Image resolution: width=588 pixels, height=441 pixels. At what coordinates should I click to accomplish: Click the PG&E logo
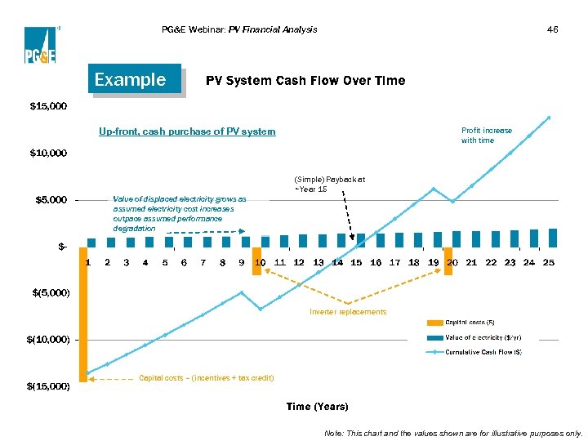tap(40, 45)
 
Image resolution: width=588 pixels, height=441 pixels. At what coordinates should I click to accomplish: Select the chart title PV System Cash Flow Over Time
tap(305, 81)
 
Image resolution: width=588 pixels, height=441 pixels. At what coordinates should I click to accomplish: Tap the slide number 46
tap(552, 30)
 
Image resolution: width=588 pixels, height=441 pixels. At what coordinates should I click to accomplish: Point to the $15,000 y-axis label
tap(48, 107)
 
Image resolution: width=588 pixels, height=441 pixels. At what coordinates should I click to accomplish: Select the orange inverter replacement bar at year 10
tap(257, 261)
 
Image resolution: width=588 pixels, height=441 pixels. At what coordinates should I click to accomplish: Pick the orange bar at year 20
tap(448, 261)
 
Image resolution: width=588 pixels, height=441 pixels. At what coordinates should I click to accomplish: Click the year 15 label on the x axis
tap(356, 263)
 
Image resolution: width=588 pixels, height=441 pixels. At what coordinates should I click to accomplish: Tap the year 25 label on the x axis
tap(549, 263)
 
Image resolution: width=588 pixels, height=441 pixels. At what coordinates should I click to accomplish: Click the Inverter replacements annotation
tap(348, 312)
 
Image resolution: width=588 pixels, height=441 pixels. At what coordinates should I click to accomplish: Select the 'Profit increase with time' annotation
tap(487, 135)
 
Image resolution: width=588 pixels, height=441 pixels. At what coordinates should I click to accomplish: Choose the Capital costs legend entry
tap(470, 323)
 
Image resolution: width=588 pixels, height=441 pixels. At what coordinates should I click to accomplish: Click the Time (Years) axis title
tap(317, 407)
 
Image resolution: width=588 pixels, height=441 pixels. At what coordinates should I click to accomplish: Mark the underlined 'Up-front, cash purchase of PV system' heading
tap(187, 131)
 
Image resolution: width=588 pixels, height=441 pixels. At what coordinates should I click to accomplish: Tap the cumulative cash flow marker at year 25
tap(549, 118)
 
